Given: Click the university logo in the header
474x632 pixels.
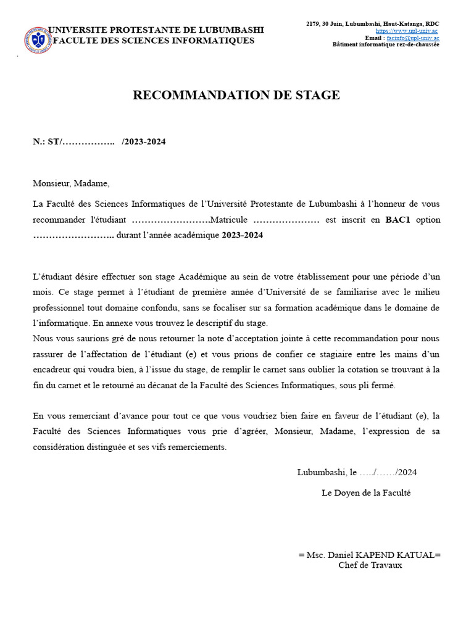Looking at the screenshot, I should click(38, 39).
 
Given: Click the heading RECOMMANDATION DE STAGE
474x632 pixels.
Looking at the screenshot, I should click(236, 95).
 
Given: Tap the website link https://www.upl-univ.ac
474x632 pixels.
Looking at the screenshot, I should click(407, 31).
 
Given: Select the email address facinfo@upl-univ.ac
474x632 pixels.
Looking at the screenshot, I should click(413, 38).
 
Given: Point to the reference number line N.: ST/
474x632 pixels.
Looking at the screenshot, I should click(99, 142).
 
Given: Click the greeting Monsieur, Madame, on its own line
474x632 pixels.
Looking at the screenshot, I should click(71, 183).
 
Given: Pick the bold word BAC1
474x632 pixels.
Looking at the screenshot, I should click(397, 220).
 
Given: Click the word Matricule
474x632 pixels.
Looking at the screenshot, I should click(229, 220).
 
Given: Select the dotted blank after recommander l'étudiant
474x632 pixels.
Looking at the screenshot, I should click(171, 220).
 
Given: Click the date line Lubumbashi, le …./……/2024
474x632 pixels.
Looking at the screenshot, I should click(357, 473).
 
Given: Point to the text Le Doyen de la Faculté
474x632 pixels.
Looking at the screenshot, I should click(366, 493).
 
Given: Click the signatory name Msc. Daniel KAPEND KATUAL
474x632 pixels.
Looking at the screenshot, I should click(370, 555).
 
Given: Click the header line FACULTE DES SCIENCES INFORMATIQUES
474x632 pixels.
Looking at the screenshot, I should click(154, 41).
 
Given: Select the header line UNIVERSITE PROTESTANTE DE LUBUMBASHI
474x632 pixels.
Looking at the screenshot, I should click(156, 30).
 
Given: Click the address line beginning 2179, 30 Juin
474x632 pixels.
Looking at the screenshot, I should click(373, 24).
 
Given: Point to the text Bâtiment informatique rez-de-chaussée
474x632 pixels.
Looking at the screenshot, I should click(386, 44).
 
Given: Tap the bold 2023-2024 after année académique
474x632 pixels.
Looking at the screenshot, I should click(242, 236).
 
